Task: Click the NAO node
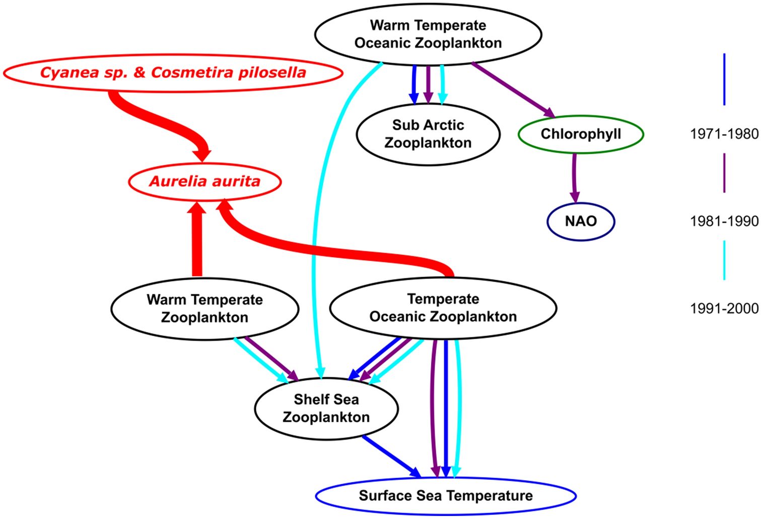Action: pos(581,221)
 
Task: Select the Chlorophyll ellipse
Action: pos(581,134)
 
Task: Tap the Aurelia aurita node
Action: pos(204,181)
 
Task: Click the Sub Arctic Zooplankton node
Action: pos(428,134)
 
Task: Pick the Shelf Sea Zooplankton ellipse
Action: pos(326,408)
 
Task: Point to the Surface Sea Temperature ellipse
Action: pos(445,496)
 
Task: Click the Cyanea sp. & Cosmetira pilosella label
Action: pos(173,73)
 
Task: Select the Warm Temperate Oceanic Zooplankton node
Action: pos(428,34)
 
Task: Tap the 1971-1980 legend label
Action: pos(724,134)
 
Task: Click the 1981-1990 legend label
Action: pos(724,221)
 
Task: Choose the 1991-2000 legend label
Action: pos(724,308)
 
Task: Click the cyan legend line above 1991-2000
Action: pos(724,259)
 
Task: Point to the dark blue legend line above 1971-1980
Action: pos(724,79)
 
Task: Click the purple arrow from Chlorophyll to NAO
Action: pos(574,176)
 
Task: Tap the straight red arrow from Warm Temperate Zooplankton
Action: pos(197,242)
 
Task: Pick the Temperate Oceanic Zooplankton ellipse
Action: pos(443,308)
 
